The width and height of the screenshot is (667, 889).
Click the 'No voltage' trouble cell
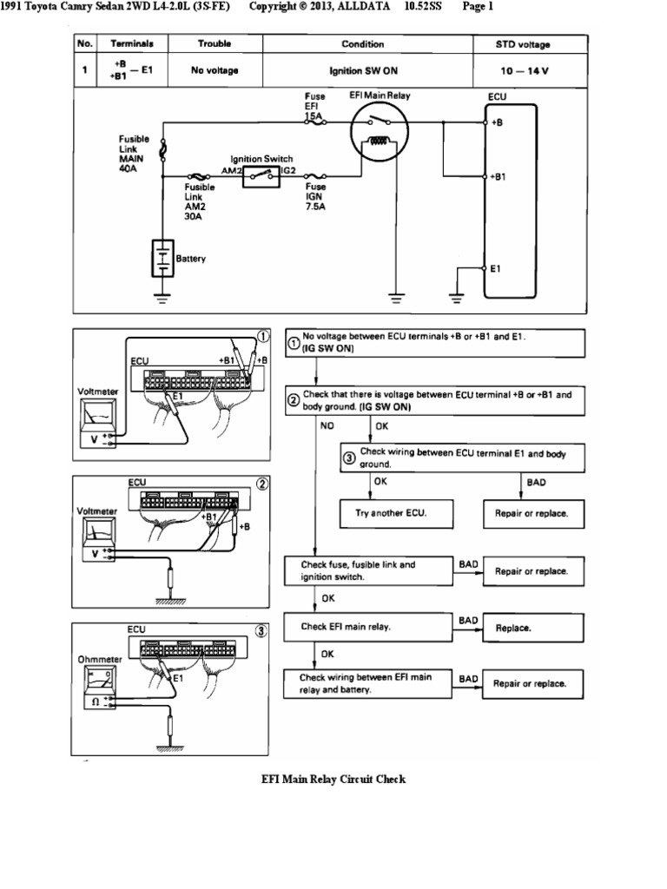pos(215,70)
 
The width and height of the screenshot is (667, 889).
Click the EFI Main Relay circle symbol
pos(379,135)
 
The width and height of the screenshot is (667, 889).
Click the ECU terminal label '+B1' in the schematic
pos(499,176)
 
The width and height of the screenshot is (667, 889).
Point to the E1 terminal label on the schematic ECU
pos(496,269)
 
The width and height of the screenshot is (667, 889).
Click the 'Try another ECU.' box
pos(397,513)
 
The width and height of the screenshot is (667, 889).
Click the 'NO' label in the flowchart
pos(327,426)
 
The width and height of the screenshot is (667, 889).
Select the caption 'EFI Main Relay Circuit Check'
pos(333,779)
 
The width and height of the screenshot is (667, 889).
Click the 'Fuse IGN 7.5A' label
pos(316,197)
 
